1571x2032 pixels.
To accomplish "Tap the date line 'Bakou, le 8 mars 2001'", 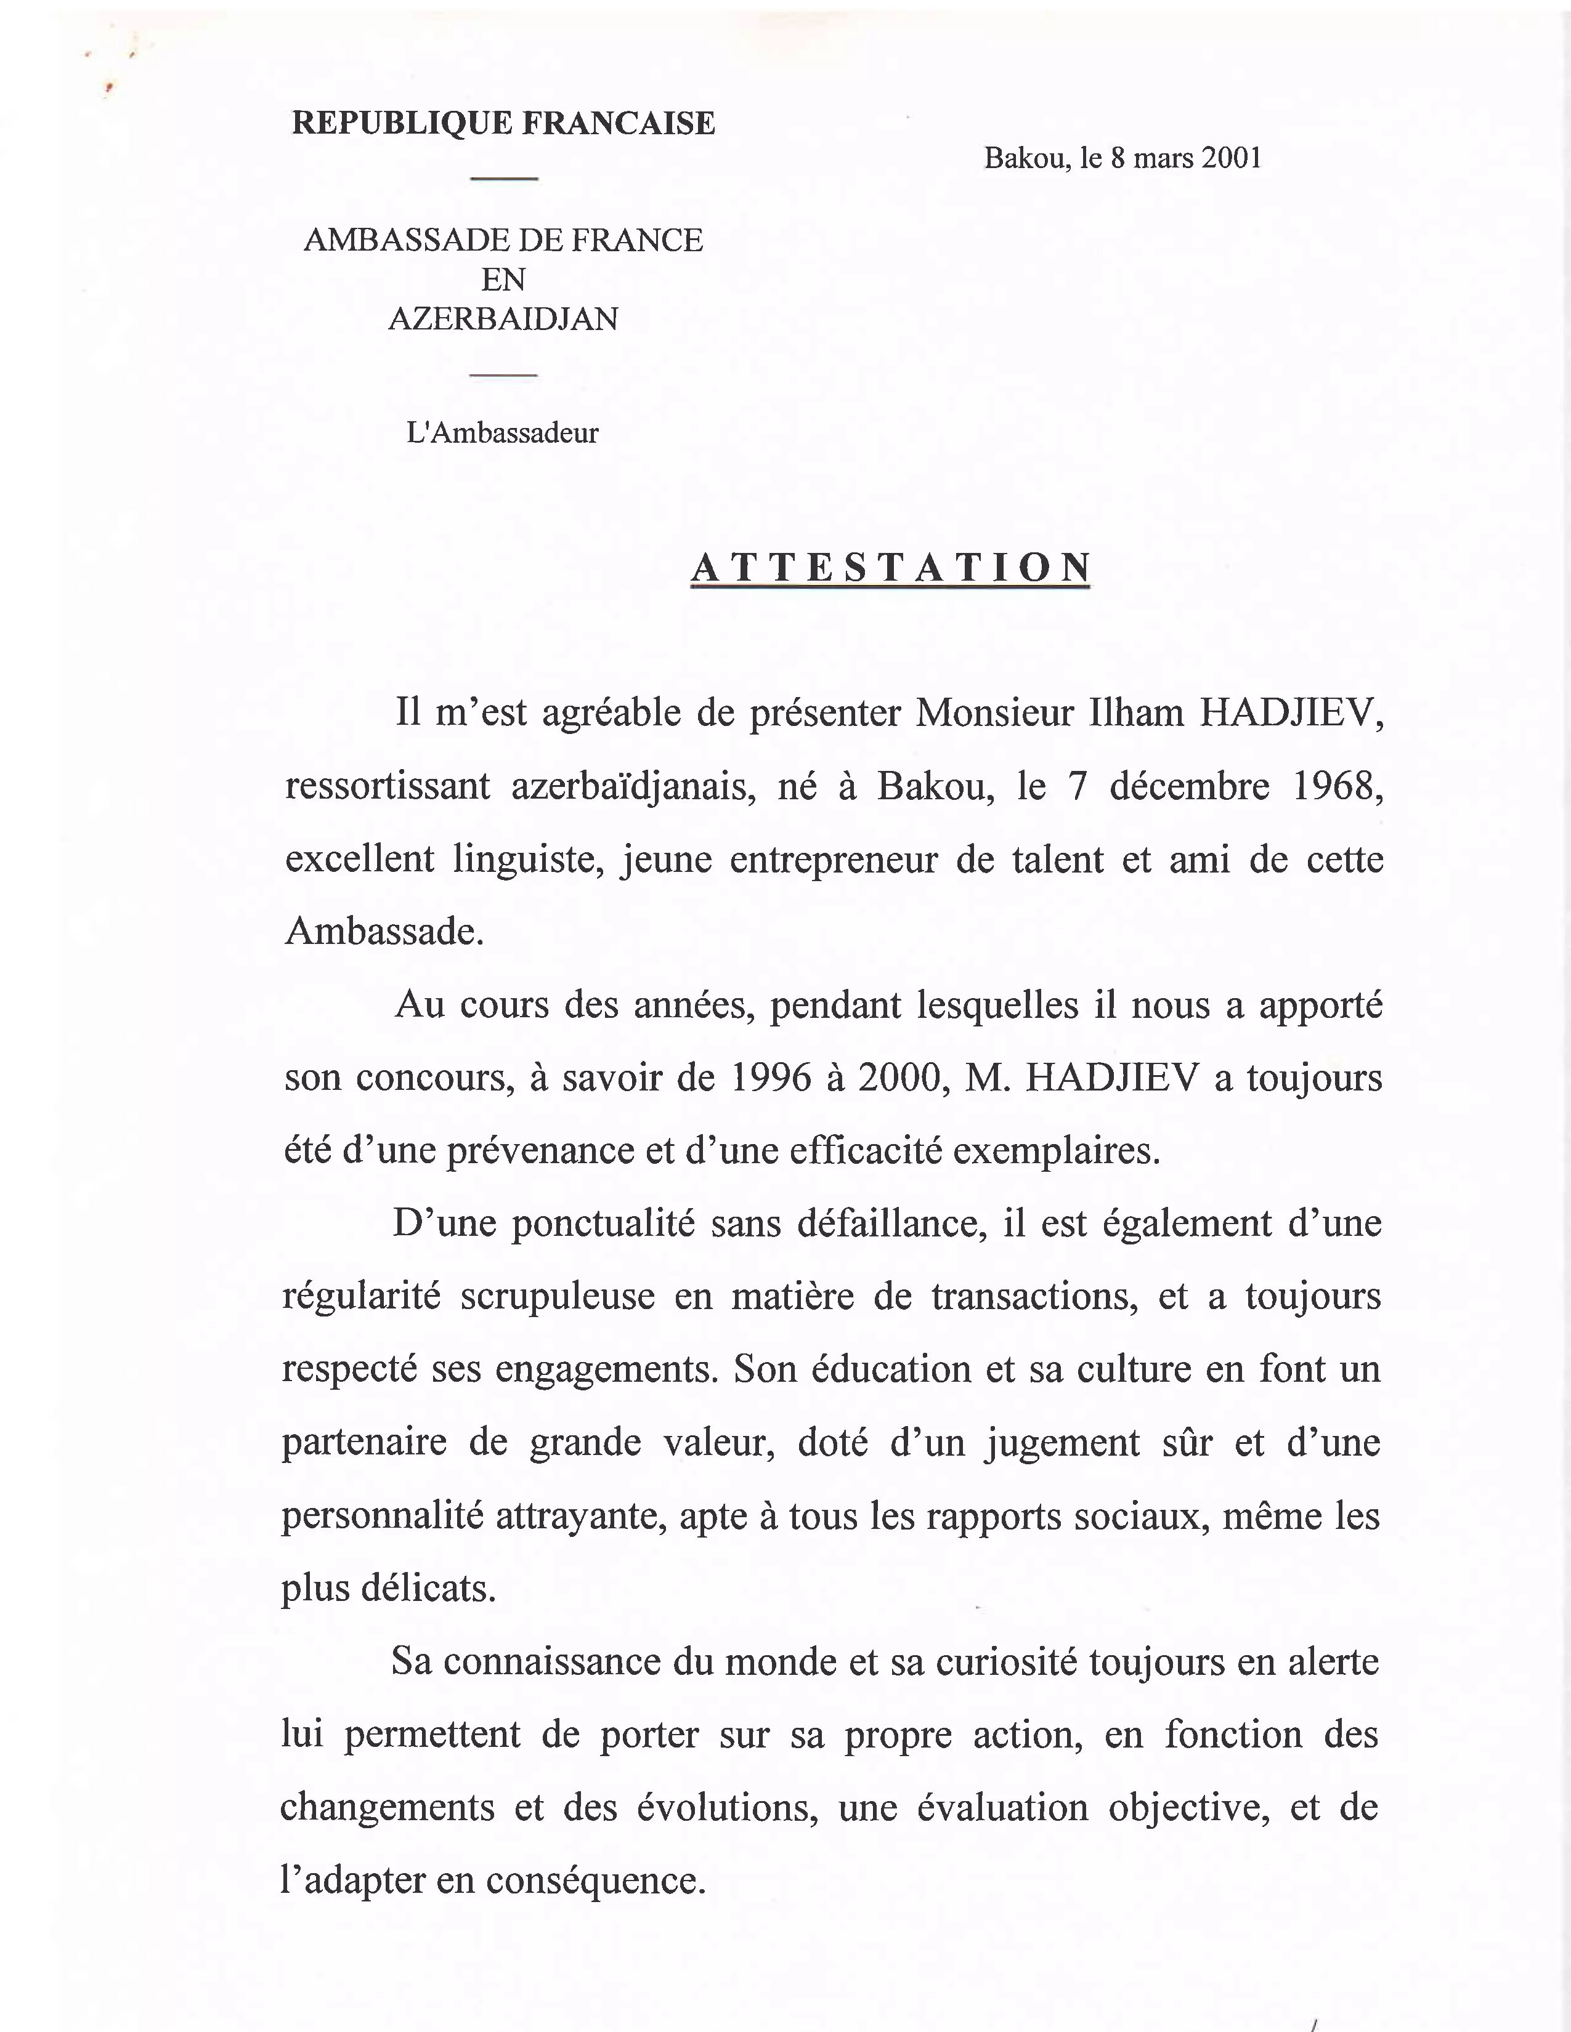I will (x=1122, y=158).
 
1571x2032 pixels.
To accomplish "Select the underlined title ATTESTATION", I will (x=891, y=568).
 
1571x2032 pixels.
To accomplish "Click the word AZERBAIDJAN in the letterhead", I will (x=503, y=319).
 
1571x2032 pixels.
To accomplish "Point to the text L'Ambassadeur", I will (x=503, y=433).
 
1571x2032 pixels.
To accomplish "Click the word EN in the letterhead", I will (x=503, y=279).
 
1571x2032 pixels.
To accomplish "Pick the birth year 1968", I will (x=1338, y=787).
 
